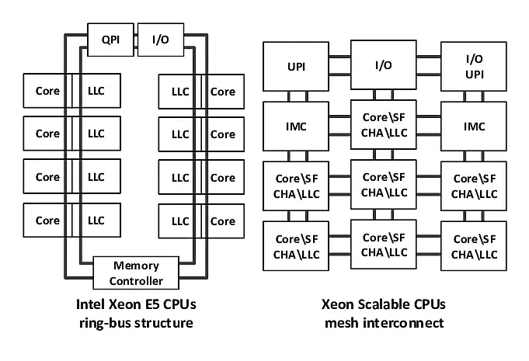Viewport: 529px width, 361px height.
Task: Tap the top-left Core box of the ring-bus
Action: click(47, 92)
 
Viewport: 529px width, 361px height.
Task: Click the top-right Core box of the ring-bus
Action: click(224, 92)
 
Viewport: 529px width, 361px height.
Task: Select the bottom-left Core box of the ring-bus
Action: click(47, 220)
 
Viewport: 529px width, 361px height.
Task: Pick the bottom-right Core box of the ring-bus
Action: click(224, 220)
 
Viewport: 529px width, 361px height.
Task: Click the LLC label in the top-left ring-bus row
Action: click(96, 92)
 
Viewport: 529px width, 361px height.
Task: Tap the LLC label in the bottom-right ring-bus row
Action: click(180, 220)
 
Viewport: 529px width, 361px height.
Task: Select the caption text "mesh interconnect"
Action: click(384, 323)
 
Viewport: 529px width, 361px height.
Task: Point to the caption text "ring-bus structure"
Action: click(137, 323)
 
